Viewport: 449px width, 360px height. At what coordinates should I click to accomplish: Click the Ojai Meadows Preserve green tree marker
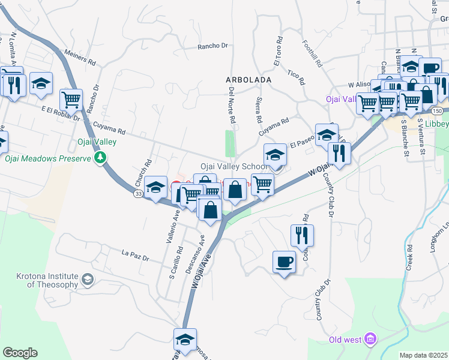(100, 158)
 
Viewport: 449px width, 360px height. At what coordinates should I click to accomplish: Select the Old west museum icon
(370, 340)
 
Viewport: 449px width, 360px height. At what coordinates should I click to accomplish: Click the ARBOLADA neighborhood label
(249, 79)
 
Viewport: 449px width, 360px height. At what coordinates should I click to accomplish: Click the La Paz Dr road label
(135, 255)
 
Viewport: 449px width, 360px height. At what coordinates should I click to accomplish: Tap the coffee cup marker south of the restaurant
(284, 262)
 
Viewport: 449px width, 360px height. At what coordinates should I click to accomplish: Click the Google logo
(19, 353)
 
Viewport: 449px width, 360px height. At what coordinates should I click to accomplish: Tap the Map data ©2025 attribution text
(423, 355)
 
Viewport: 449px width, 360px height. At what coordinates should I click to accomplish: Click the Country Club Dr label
(330, 197)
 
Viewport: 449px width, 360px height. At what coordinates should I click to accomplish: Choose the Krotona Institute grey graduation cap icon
(88, 280)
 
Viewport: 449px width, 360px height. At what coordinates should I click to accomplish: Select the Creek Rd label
(409, 256)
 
